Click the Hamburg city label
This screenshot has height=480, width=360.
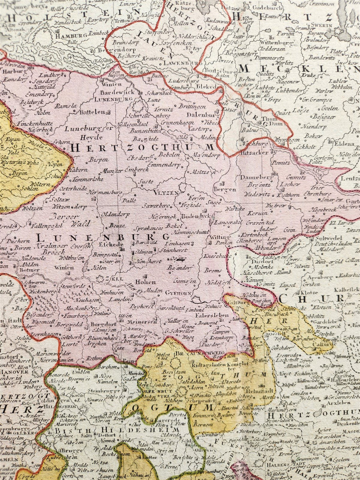pos(67,35)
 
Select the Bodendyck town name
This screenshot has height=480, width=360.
pos(194,217)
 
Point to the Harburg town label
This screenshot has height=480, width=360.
pos(14,72)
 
